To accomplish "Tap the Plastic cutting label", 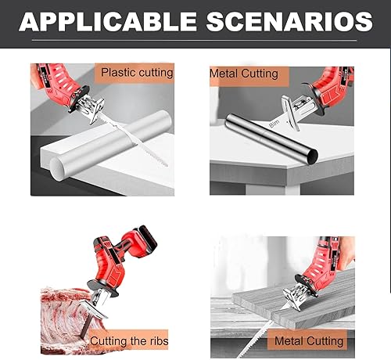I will [137, 73].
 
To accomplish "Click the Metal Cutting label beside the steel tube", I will [244, 74].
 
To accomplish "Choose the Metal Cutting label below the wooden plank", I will [309, 340].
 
